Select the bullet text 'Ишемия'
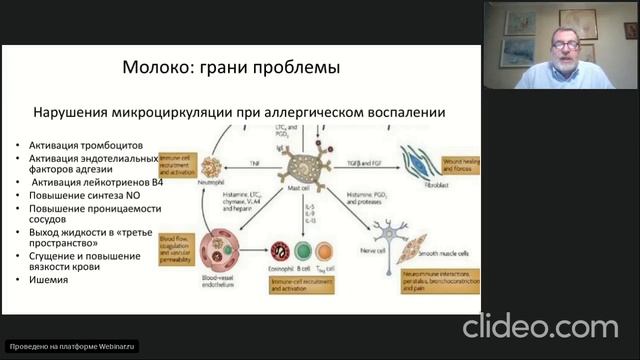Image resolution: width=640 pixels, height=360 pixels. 48,280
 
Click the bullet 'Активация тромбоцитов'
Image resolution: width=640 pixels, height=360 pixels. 77,146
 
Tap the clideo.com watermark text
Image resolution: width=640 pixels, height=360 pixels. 545,325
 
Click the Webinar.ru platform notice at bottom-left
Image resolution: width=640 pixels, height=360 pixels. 70,346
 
